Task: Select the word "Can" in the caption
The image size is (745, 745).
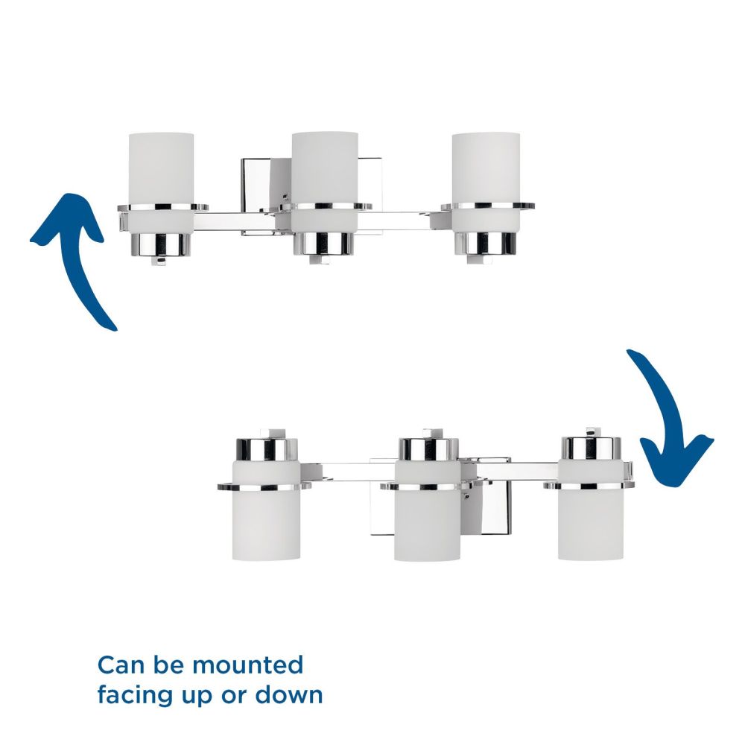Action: pyautogui.click(x=121, y=665)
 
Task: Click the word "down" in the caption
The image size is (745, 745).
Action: pyautogui.click(x=289, y=694)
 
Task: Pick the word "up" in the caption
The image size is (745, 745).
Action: pyautogui.click(x=199, y=697)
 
